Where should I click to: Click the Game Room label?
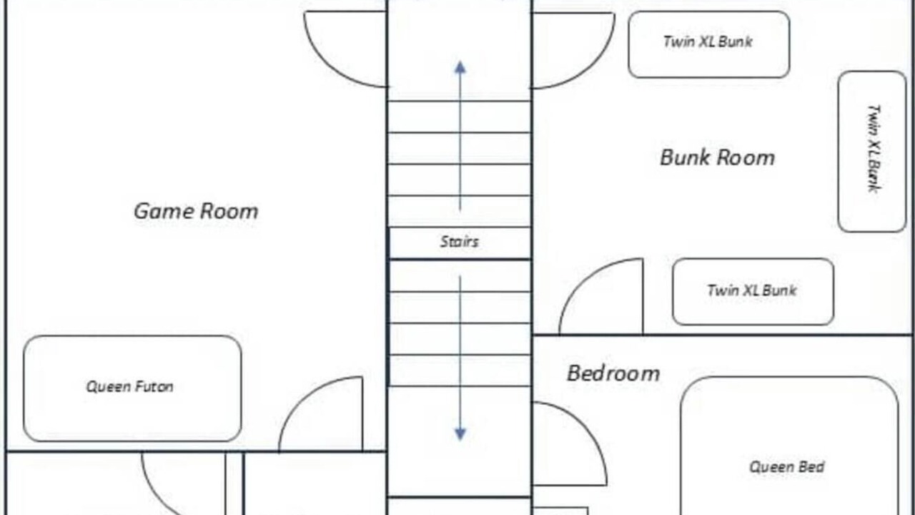pos(196,211)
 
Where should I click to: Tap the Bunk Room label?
pos(717,158)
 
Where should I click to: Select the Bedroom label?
pos(613,373)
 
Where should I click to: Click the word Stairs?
pos(459,242)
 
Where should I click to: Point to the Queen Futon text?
pos(130,387)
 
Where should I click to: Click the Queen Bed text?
pos(787,467)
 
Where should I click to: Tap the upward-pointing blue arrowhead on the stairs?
pos(460,67)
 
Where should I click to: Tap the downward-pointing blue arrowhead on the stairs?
pos(460,434)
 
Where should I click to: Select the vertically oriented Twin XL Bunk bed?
pos(872,152)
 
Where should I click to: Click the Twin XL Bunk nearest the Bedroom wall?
pos(753,292)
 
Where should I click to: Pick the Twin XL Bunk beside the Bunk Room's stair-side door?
pos(708,44)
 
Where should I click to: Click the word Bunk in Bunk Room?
pos(684,158)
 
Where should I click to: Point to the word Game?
pos(164,211)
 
